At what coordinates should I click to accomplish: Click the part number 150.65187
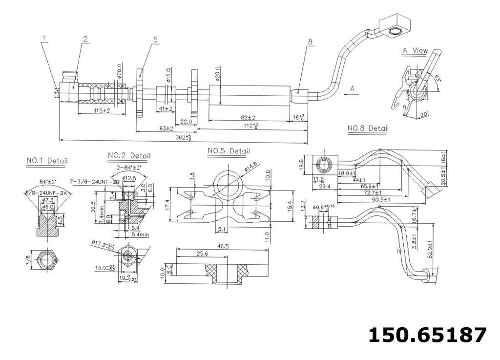tap(427, 335)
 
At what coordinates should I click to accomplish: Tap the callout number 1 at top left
tap(43, 38)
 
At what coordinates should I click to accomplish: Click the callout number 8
tap(310, 42)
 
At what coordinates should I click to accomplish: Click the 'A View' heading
tap(415, 50)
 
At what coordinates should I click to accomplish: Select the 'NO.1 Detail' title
tap(47, 160)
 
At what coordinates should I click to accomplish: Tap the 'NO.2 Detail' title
tap(129, 156)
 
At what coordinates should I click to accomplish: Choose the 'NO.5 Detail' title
tap(229, 151)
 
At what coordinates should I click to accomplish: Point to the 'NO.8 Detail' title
tap(368, 128)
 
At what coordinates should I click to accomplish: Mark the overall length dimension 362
tap(180, 138)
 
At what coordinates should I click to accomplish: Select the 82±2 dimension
tap(248, 118)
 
